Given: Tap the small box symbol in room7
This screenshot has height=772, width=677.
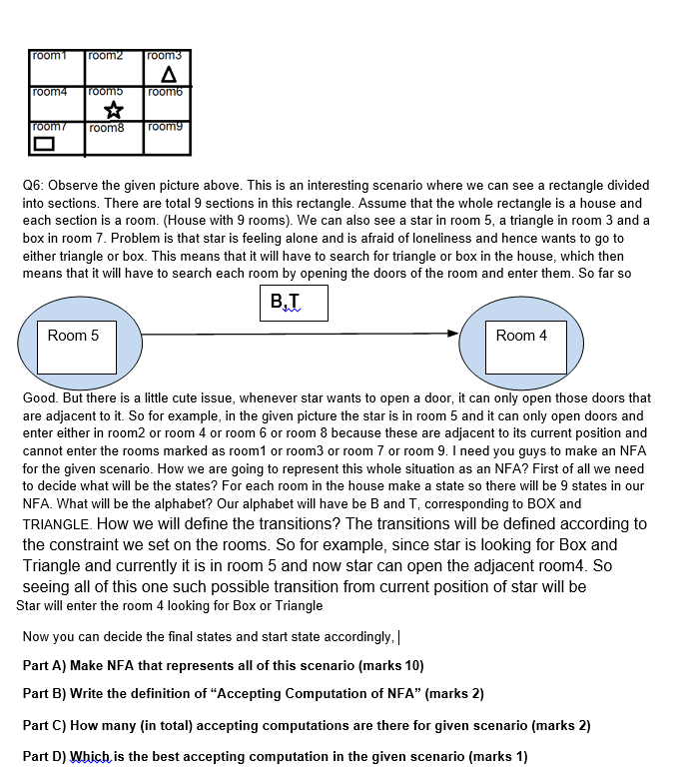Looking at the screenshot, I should point(44,145).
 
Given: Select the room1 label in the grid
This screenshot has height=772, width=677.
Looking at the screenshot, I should point(48,56).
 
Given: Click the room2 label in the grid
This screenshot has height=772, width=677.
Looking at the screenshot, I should point(105,56).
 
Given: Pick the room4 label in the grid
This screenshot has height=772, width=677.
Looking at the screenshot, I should point(48,92).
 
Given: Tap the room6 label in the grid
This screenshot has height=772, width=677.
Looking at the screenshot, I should point(163,92).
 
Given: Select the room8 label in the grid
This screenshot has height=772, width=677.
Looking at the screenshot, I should point(105,128).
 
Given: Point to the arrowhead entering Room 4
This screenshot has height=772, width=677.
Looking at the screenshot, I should point(451,334).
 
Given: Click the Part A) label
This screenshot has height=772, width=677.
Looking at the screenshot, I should point(44,665).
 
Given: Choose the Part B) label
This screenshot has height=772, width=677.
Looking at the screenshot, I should point(44,694).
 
